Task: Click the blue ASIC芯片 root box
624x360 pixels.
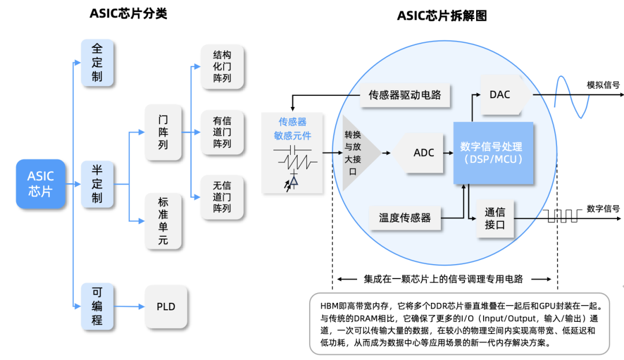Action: click(x=40, y=184)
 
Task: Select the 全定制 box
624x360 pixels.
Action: click(x=97, y=62)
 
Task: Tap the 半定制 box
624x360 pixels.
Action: click(x=97, y=184)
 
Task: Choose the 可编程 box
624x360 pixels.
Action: click(x=97, y=305)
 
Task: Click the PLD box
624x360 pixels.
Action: click(x=166, y=306)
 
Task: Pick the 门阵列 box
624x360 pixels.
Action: click(x=164, y=132)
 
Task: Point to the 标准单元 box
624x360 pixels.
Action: click(x=164, y=221)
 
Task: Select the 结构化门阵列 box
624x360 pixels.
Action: click(x=222, y=66)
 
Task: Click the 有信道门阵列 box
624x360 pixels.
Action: click(x=222, y=132)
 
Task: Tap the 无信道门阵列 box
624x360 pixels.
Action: click(x=222, y=196)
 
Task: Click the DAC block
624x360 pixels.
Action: click(x=502, y=94)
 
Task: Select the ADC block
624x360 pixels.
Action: click(x=421, y=153)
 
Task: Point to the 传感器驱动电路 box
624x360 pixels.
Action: click(x=404, y=95)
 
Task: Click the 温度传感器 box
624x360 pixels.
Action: click(x=404, y=218)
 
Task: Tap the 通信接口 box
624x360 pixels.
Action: click(x=495, y=218)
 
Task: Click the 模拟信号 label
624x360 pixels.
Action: click(x=603, y=85)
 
